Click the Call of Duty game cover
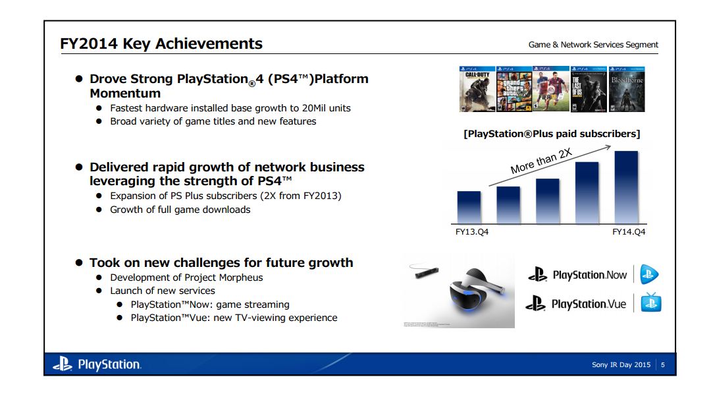coord(477,89)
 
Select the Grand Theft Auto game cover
coord(513,89)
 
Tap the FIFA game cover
coord(551,89)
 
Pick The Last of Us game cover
coord(589,89)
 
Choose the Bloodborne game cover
coord(626,89)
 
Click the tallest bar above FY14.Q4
coord(626,187)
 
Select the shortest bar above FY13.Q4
coord(469,208)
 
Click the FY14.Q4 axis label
coord(628,232)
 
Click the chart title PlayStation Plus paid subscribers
coord(552,134)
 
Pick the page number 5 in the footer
coord(662,364)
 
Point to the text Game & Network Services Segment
coord(592,45)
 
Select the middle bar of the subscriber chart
coord(547,201)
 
